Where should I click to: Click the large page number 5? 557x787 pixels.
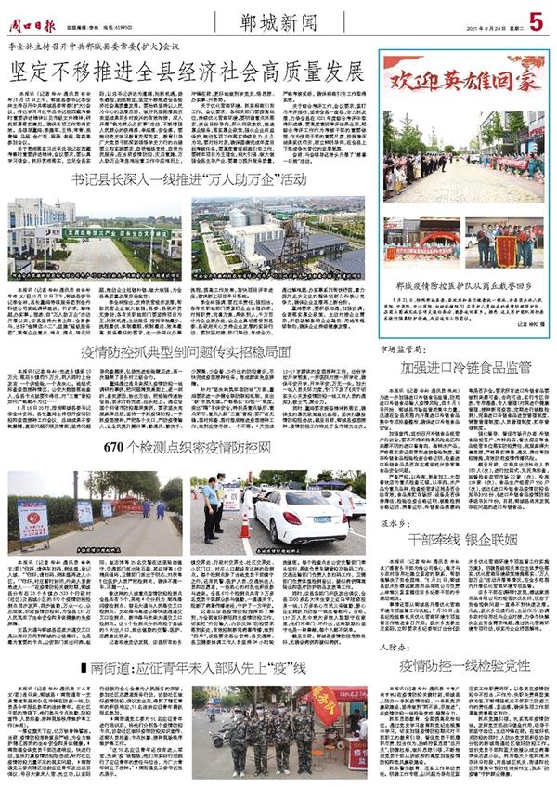(536, 19)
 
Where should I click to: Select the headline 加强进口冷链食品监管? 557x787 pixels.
(465, 367)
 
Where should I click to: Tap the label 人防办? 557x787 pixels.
(401, 646)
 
